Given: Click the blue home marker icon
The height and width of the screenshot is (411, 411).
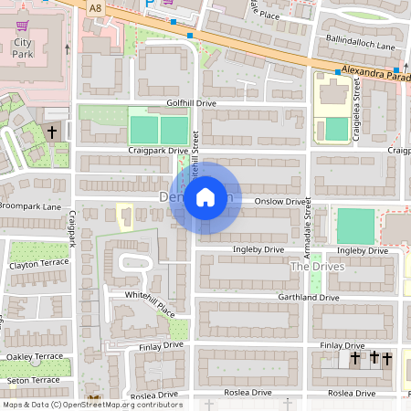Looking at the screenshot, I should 205,197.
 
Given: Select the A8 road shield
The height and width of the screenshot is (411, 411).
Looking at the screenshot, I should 96,7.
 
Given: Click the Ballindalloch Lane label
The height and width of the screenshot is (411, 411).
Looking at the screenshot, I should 360,45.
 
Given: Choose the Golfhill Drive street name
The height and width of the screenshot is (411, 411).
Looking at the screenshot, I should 191,103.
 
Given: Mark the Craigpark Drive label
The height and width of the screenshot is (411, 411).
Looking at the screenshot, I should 157,150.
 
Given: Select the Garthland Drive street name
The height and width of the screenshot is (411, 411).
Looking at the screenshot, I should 310,298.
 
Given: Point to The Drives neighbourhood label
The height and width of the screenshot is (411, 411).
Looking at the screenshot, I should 313,266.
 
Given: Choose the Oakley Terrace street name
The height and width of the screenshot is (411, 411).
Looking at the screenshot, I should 35,356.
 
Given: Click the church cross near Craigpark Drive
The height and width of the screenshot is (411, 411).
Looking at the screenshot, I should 52,132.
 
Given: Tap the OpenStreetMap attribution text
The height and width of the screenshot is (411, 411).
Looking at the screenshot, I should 92,404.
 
